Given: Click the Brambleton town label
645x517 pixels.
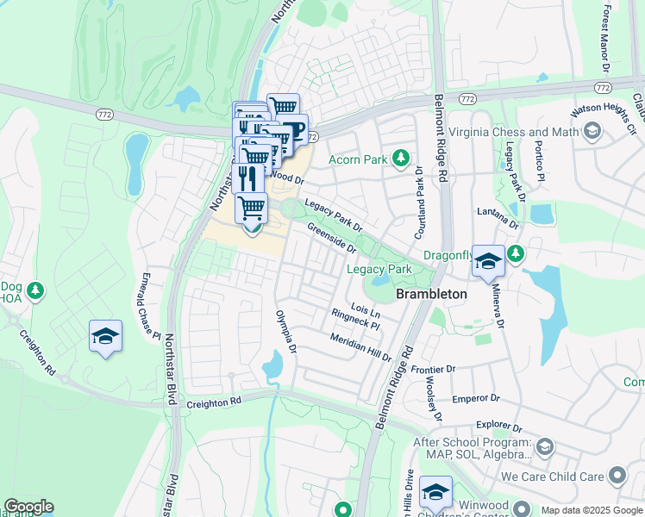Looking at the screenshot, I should (x=431, y=294).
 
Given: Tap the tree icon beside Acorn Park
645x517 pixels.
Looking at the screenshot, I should (x=400, y=158).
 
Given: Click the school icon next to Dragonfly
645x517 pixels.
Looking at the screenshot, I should (x=488, y=262).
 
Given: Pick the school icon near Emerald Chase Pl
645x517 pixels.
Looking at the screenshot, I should (x=105, y=335).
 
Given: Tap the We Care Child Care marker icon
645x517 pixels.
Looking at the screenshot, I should (x=617, y=476).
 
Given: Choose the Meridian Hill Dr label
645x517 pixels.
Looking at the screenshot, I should (x=360, y=346).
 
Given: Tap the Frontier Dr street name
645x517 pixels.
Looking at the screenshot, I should (x=432, y=369).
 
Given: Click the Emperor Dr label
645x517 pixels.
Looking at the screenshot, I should (x=477, y=399).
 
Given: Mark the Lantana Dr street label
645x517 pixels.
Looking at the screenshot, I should (x=498, y=217).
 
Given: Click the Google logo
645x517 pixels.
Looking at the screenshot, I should (x=28, y=507).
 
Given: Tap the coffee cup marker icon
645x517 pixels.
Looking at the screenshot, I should (x=294, y=130).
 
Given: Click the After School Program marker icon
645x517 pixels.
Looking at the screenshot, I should (x=543, y=446).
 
